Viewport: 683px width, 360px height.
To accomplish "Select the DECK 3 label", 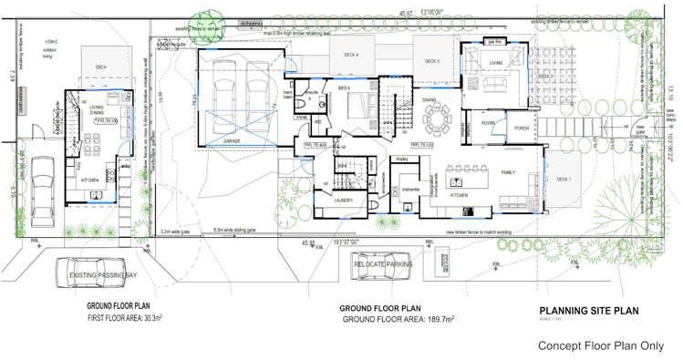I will point(432,62).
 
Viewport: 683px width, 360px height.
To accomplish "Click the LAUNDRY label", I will point(343,200).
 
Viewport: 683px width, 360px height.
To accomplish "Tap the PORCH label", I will point(522,129).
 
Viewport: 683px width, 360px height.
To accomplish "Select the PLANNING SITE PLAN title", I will point(589,311).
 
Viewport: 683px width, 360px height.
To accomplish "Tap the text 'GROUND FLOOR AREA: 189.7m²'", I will point(398,320).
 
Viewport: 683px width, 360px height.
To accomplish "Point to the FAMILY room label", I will point(507,172).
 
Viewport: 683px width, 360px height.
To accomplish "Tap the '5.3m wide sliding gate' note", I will point(235,230).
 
